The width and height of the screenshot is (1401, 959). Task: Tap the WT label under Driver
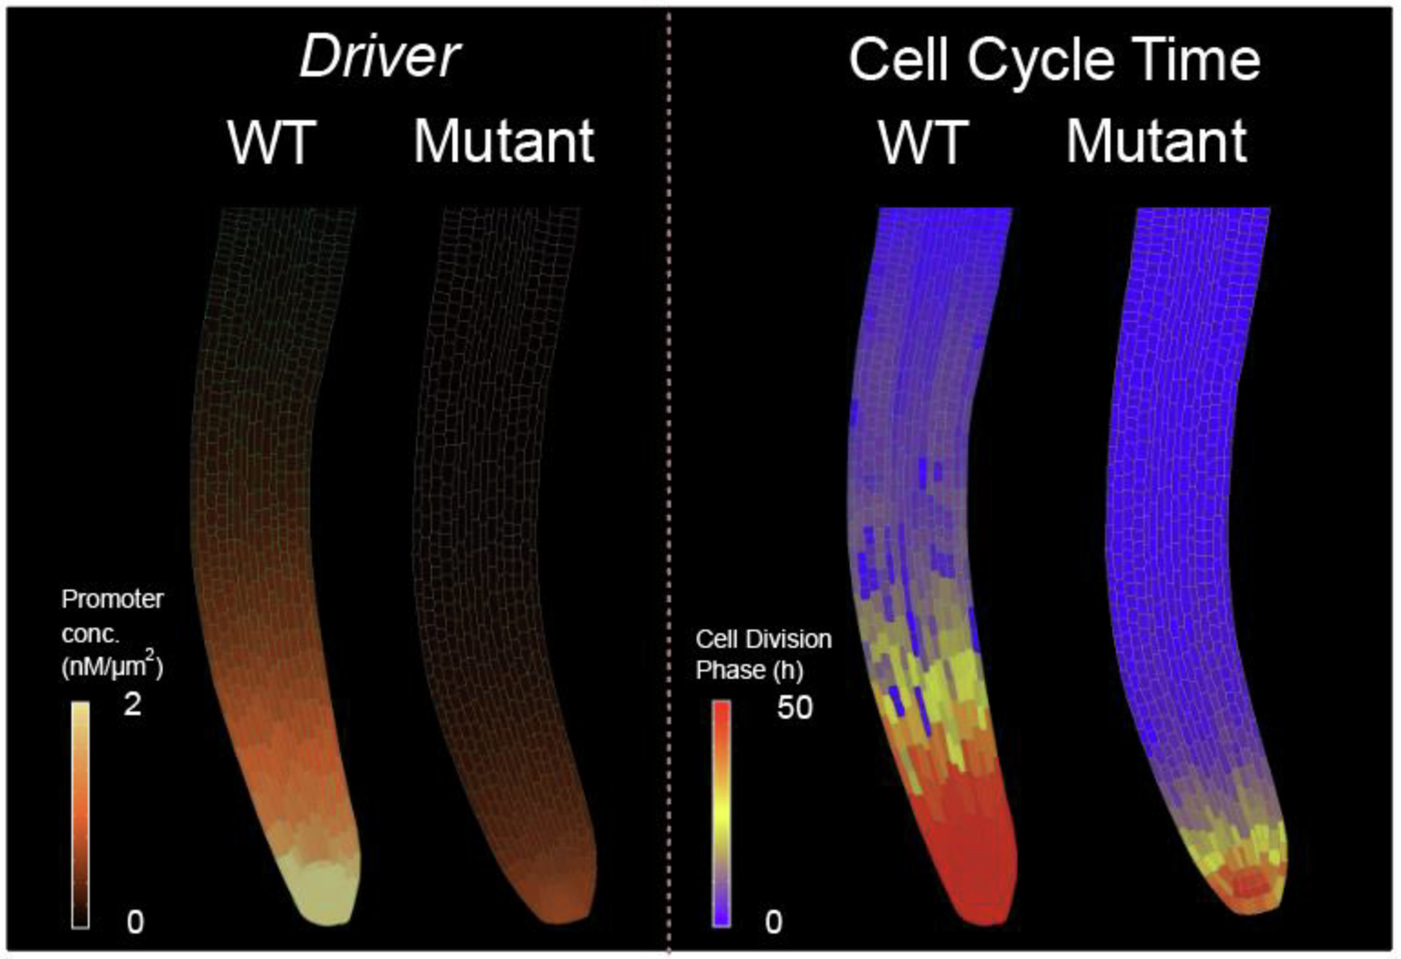click(271, 143)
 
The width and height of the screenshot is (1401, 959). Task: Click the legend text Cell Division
click(763, 639)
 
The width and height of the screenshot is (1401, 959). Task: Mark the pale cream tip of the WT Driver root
click(325, 892)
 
